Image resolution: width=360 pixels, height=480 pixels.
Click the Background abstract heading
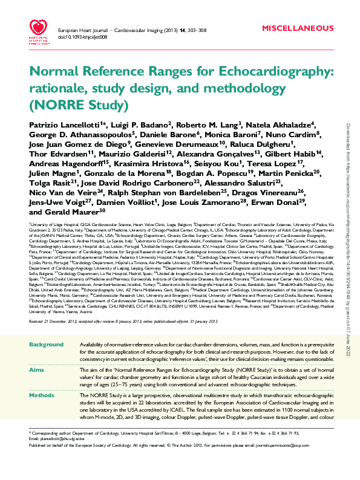click(x=46, y=344)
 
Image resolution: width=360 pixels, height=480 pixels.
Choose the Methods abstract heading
click(x=42, y=394)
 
